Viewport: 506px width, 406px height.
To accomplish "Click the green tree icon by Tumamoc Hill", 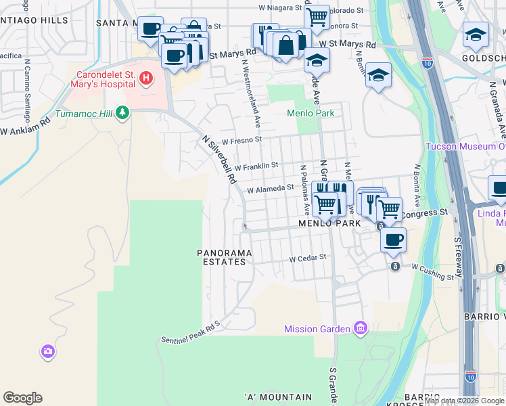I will (122, 112).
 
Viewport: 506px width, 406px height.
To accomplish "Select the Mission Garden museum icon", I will (360, 329).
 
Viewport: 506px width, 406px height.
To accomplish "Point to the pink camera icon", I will (47, 351).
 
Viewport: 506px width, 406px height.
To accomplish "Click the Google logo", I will (22, 398).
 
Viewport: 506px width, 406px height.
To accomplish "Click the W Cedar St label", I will (308, 258).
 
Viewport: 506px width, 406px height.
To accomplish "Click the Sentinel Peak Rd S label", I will (191, 332).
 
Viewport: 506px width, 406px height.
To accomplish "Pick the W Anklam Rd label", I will (26, 127).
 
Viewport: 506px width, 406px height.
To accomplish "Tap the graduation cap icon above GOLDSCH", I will (476, 35).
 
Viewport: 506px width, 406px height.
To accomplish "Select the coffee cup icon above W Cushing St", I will (393, 239).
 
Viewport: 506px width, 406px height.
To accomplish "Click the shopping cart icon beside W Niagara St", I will (316, 16).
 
